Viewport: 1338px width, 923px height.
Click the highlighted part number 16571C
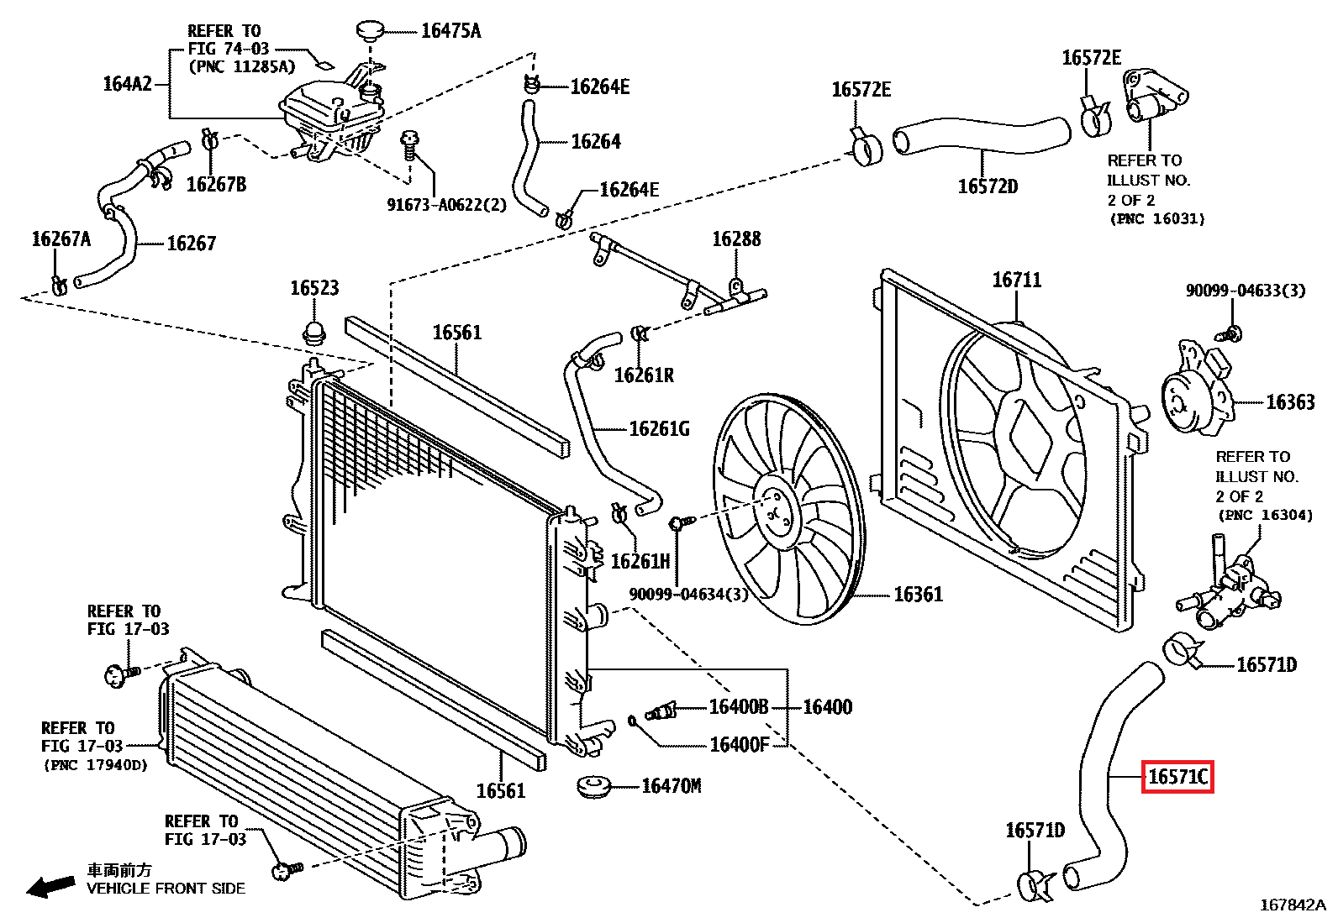tap(1177, 777)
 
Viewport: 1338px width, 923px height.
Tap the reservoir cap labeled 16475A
tap(369, 31)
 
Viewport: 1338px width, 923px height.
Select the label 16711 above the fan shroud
tap(1016, 280)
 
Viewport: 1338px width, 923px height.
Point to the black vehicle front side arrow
tap(50, 886)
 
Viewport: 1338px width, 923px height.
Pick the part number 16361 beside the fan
tap(918, 595)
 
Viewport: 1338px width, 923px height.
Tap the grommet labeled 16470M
tap(595, 788)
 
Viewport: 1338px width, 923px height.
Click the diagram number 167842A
tap(1292, 905)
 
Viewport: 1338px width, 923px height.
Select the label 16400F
tap(739, 745)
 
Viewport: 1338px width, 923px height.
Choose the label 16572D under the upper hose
tap(988, 186)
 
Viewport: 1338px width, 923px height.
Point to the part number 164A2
tap(128, 83)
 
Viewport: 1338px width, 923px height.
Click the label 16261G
tap(659, 429)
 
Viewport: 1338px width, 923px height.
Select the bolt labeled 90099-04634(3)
tap(679, 523)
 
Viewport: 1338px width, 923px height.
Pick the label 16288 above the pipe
tap(736, 239)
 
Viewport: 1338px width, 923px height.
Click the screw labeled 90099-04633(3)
tap(1232, 333)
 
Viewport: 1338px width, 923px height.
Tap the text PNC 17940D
tap(96, 765)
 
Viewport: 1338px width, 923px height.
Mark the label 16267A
tap(61, 239)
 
